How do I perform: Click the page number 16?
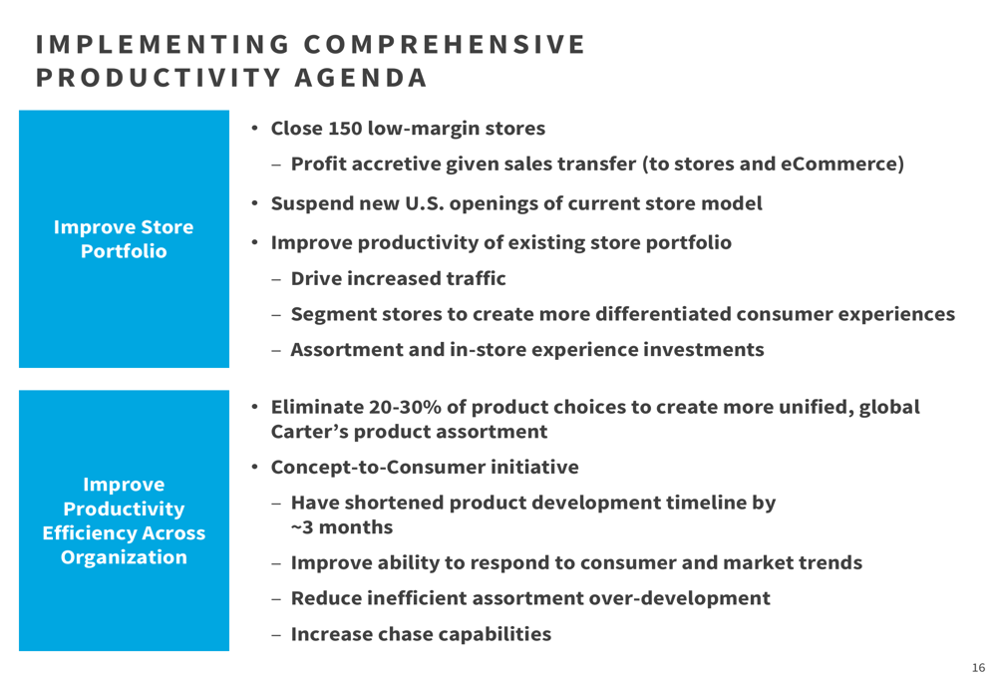[978, 668]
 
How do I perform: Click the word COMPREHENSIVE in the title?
[445, 45]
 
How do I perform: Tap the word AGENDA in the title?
[361, 78]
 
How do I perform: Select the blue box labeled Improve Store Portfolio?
[124, 239]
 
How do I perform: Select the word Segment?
[333, 315]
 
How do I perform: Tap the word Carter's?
[310, 432]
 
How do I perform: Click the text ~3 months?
[342, 527]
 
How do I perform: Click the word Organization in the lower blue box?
[124, 557]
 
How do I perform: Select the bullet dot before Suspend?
[254, 203]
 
